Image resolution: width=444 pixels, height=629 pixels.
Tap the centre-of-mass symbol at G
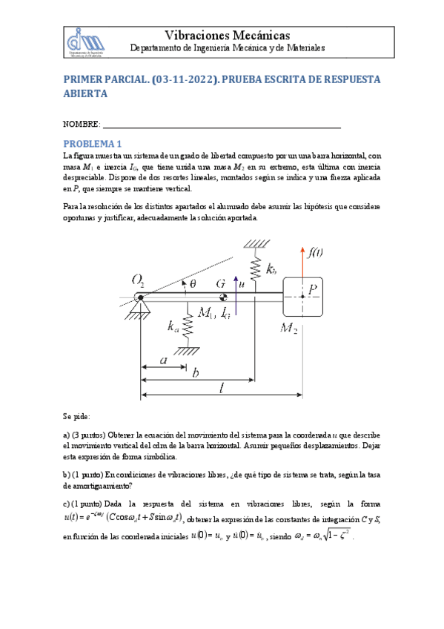pyautogui.click(x=223, y=298)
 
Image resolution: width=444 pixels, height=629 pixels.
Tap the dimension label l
pyautogui.click(x=222, y=388)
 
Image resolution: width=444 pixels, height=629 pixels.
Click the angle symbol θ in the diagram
pyautogui.click(x=193, y=283)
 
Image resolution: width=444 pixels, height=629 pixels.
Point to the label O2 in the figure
pyautogui.click(x=139, y=280)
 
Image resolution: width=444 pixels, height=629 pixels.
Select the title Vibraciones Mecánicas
pyautogui.click(x=227, y=35)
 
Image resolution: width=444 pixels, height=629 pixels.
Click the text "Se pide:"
pyautogui.click(x=77, y=418)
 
